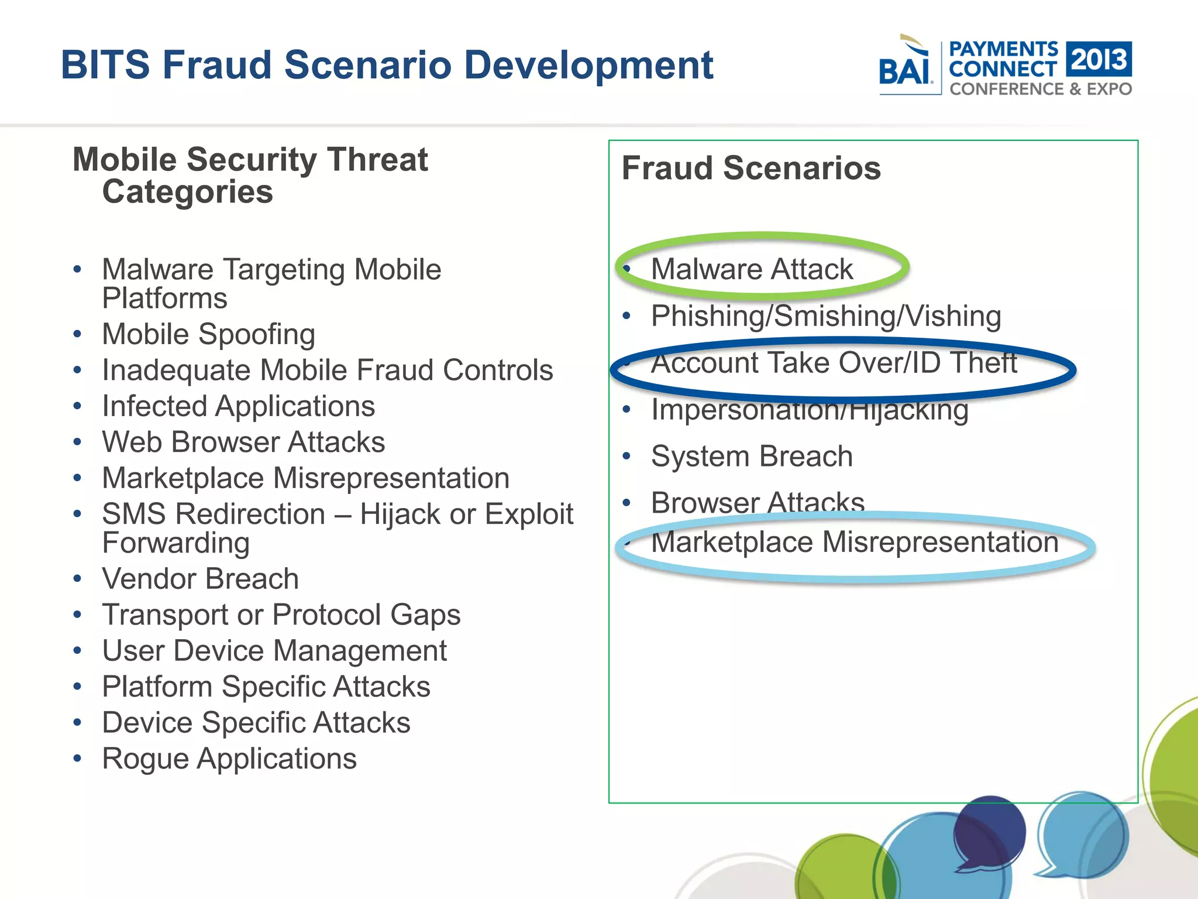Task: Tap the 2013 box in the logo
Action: click(1099, 59)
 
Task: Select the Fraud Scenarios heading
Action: click(751, 169)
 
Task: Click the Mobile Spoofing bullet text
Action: click(209, 334)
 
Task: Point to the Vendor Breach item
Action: click(201, 579)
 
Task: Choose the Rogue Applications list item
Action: click(229, 759)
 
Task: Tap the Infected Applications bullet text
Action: click(239, 406)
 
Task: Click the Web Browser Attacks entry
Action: click(243, 442)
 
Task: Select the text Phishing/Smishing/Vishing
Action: click(826, 316)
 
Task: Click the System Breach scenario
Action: click(752, 457)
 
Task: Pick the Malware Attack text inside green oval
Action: click(752, 269)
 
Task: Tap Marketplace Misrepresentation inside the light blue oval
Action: click(855, 542)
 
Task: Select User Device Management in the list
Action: click(274, 651)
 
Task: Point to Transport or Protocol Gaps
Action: click(281, 615)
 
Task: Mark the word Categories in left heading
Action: click(187, 192)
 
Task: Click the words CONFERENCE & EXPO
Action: click(1041, 89)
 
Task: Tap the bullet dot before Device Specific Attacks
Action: click(77, 723)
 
